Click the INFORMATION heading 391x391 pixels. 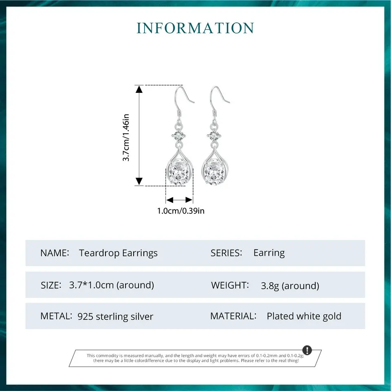pyautogui.click(x=195, y=28)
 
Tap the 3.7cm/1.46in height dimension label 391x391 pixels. pyautogui.click(x=126, y=137)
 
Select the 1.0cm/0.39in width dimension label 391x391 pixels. pyautogui.click(x=181, y=211)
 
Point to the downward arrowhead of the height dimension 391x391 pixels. pyautogui.click(x=139, y=181)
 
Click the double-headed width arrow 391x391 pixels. pyautogui.click(x=179, y=200)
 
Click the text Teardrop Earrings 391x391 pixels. pyautogui.click(x=118, y=253)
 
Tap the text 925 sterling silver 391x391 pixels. pyautogui.click(x=115, y=316)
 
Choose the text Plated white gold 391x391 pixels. pyautogui.click(x=304, y=316)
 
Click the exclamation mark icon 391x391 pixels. pyautogui.click(x=307, y=350)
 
